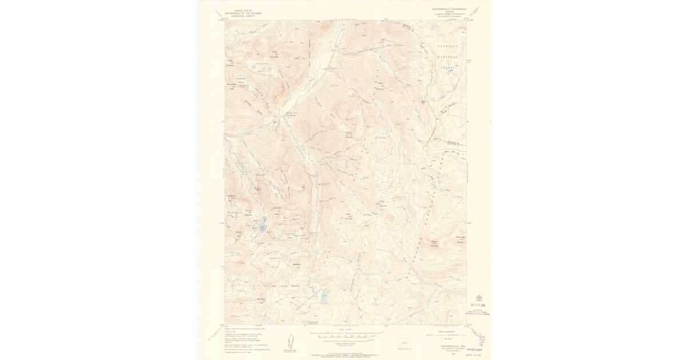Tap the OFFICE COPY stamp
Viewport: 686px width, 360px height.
(x=475, y=346)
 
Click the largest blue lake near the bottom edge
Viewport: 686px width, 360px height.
(x=324, y=297)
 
